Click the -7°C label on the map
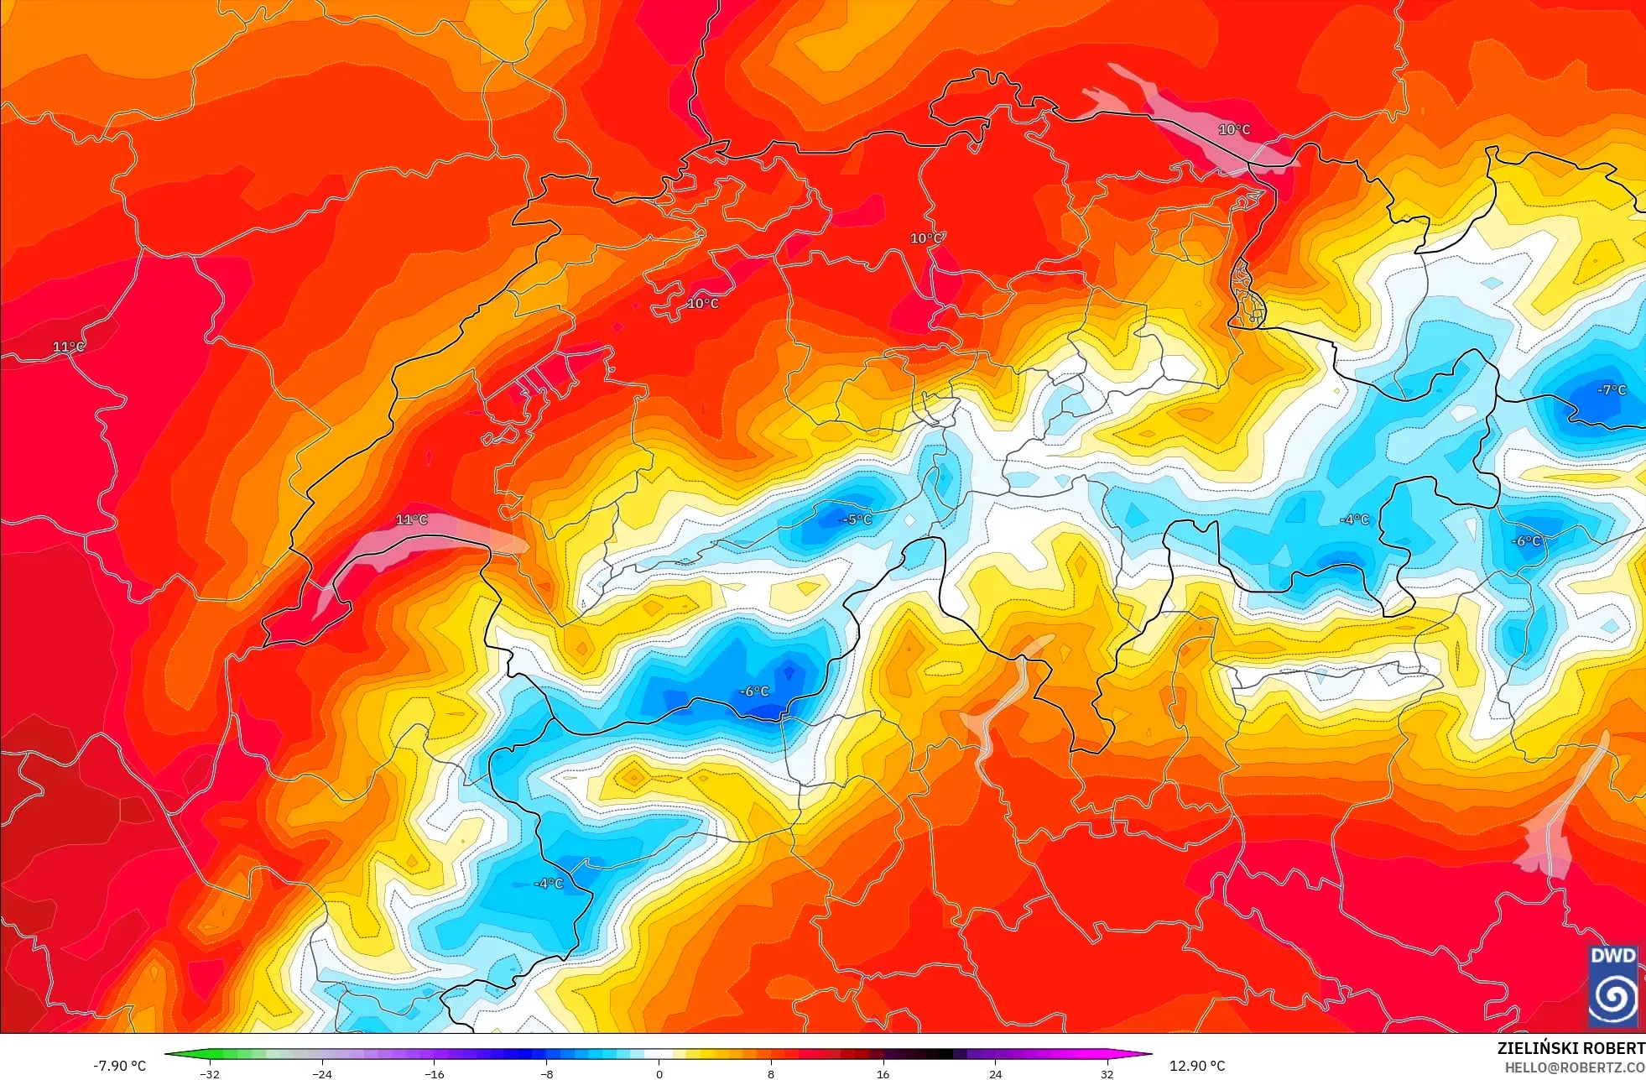click(1612, 390)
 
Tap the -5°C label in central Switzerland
click(857, 519)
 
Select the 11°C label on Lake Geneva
click(411, 520)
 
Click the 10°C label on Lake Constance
click(1234, 129)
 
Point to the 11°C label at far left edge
click(68, 347)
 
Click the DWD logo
click(1613, 986)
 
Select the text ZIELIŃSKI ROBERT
click(1570, 1048)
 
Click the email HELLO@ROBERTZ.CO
click(1574, 1067)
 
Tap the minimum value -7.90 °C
click(119, 1066)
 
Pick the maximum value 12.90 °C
click(1197, 1066)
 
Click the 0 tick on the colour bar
click(659, 1073)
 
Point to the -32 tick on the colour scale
click(210, 1073)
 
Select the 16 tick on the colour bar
click(883, 1073)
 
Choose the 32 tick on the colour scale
click(1107, 1073)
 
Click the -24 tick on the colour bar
click(322, 1073)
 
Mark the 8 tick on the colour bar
click(770, 1073)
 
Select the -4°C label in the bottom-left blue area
click(549, 884)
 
